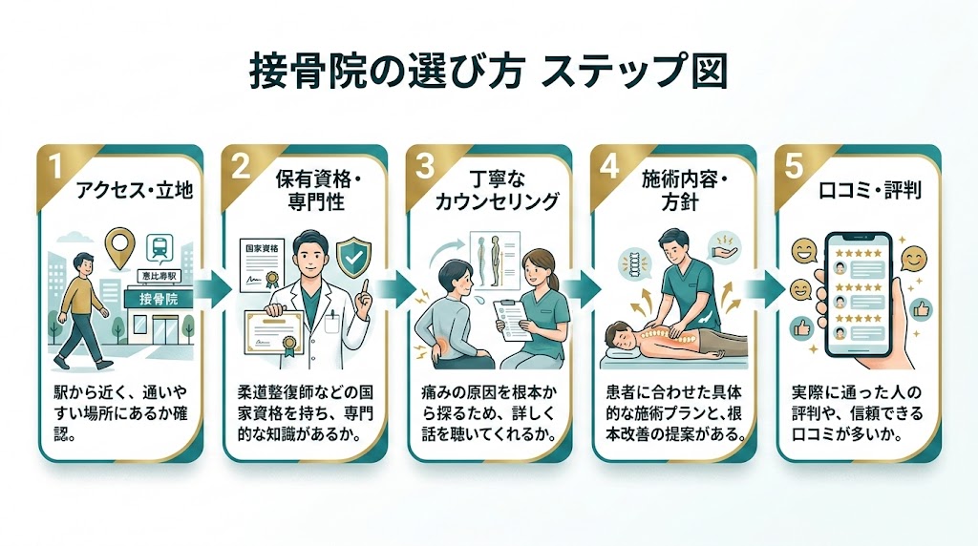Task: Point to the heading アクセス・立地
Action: tap(134, 191)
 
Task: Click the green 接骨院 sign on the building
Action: tap(159, 299)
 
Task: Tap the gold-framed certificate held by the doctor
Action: tap(283, 334)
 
